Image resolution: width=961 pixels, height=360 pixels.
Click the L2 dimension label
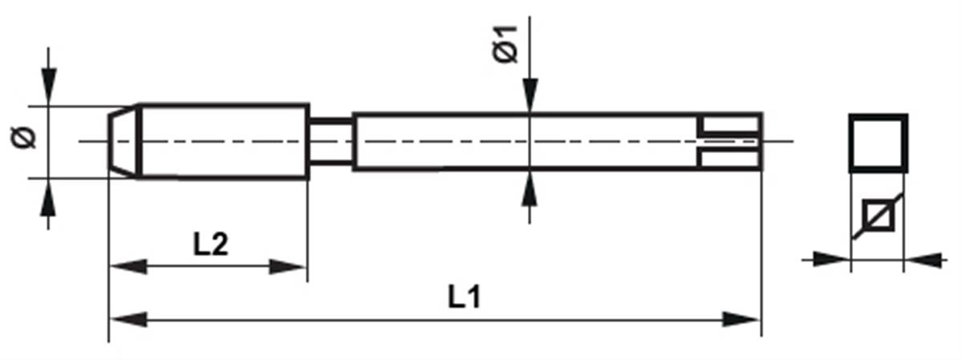click(211, 245)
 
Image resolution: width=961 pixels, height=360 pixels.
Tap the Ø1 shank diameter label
click(506, 44)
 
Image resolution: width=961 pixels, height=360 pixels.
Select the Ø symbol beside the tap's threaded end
click(24, 139)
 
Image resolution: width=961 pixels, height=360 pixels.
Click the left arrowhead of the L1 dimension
click(128, 320)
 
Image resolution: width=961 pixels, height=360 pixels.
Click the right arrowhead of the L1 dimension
click(741, 320)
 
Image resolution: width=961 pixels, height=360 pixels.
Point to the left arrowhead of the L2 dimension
click(128, 266)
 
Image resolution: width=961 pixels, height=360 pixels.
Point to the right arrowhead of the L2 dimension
click(287, 266)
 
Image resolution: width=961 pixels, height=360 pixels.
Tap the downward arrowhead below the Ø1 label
click(530, 95)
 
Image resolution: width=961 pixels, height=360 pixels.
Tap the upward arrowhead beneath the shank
click(530, 188)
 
